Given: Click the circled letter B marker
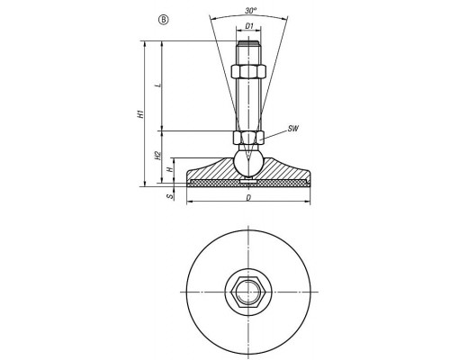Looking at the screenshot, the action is (164, 20).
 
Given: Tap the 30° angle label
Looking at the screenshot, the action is (251, 11).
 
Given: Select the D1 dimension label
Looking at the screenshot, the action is (249, 26).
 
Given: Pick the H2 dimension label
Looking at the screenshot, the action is (157, 156).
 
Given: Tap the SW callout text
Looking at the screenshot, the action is (293, 129).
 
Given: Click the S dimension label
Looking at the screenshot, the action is (170, 196).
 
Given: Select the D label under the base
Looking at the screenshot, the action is (248, 198).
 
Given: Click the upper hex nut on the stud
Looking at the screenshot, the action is (248, 71).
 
